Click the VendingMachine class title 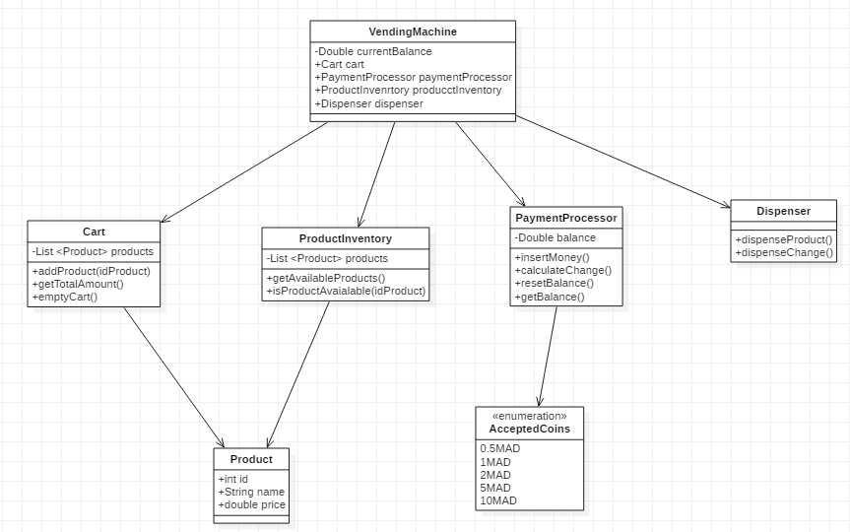412,33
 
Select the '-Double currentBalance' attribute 373,51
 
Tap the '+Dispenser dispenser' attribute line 368,103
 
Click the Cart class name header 94,232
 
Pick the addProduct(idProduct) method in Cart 91,270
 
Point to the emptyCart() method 65,296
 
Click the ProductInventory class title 345,238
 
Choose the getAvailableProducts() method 326,278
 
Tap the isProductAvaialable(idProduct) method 346,291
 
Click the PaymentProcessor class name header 565,218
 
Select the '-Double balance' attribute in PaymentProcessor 555,237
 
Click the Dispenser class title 783,211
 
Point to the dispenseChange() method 784,252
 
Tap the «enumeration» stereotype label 529,417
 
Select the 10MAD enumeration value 498,500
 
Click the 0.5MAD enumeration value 500,448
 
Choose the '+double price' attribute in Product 251,504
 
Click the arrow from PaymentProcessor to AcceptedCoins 548,356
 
